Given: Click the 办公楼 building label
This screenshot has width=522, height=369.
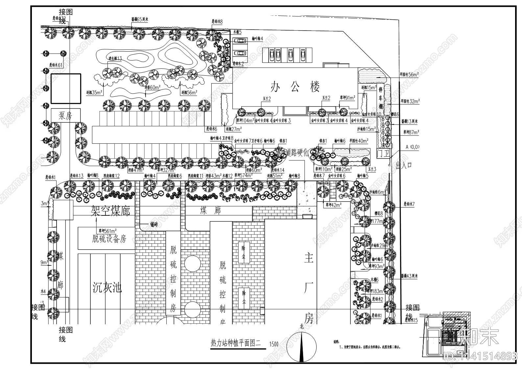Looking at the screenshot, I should tap(295, 87).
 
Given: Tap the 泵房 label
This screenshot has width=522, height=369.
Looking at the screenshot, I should tap(65, 115).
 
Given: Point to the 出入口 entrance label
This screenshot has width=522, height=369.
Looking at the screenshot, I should tap(404, 164).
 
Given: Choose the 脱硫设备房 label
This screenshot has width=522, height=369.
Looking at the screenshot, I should tap(109, 239).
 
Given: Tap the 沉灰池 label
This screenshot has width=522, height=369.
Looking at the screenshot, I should tap(107, 288).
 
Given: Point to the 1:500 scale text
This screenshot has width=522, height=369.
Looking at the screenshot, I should tap(273, 344).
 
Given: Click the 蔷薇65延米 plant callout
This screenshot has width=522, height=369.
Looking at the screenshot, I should tap(139, 20).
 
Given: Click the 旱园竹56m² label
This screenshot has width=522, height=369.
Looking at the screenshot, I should tap(409, 75).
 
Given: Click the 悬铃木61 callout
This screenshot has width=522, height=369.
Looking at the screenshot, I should tap(56, 65).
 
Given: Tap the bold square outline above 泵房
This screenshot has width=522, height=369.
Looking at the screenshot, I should tap(65, 88).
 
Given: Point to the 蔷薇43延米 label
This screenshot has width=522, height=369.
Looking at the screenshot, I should tap(409, 276).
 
